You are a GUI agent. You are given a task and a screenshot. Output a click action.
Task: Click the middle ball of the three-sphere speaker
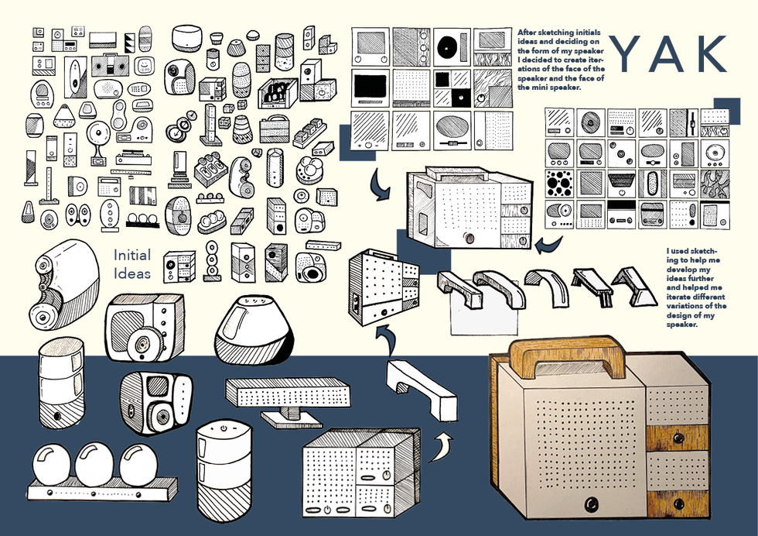pos(94,462)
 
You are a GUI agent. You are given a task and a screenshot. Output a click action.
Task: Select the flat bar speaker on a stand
pos(287,397)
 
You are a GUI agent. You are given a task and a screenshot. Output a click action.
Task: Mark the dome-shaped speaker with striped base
pos(255,329)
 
